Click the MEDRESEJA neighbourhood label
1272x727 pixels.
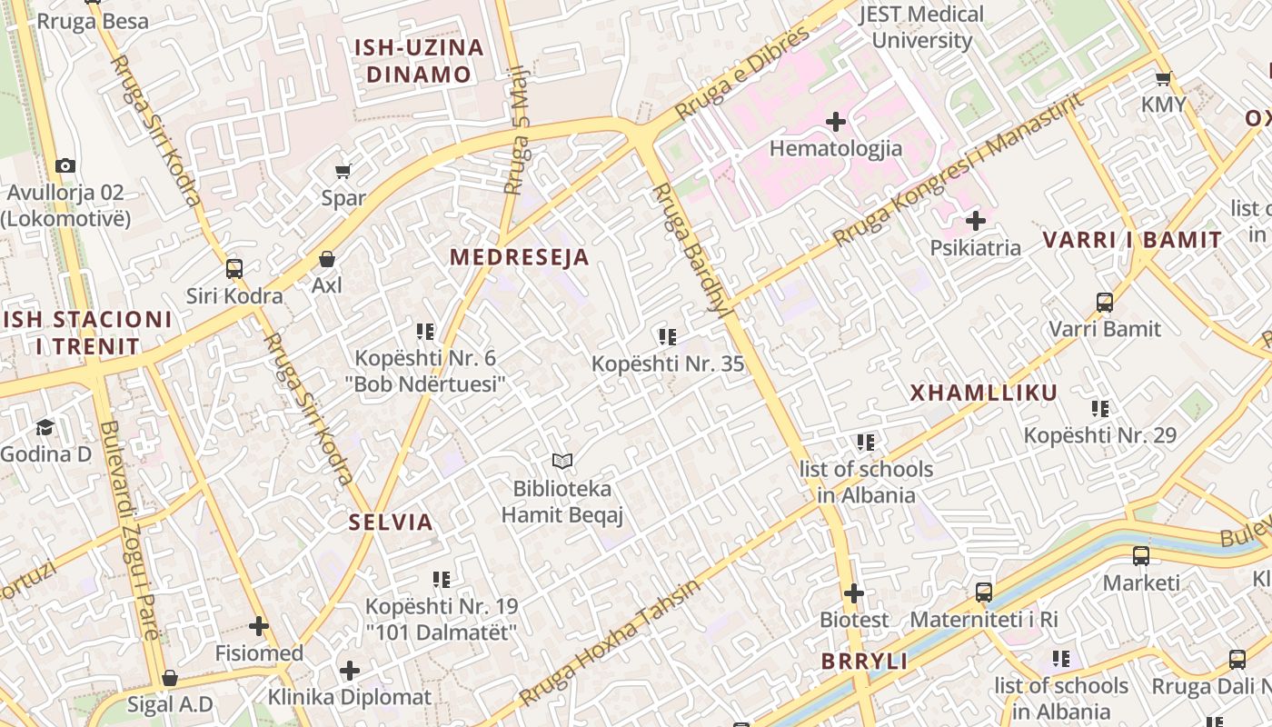point(520,257)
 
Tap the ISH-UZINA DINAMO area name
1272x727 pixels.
point(419,61)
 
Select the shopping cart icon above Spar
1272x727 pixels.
point(343,171)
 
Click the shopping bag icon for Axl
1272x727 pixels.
point(327,259)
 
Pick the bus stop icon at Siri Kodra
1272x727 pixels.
point(234,269)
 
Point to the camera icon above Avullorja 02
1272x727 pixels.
point(65,165)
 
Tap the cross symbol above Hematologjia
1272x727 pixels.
point(836,121)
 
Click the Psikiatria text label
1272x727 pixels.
point(975,248)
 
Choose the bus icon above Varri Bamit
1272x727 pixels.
point(1105,303)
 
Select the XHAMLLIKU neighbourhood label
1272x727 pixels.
point(984,393)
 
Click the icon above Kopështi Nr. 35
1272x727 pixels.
point(668,337)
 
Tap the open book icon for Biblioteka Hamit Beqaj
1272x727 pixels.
point(562,462)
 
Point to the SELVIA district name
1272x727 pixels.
point(391,523)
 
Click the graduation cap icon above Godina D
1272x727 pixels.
point(45,427)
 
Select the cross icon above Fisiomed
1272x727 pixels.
point(259,626)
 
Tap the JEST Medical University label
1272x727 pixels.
point(921,27)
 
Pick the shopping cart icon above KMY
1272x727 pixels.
point(1163,78)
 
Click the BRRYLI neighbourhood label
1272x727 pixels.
point(864,662)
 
